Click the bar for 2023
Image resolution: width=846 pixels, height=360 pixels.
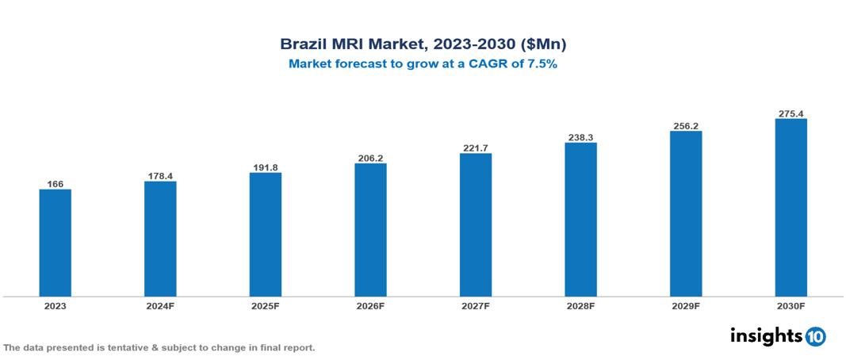55,243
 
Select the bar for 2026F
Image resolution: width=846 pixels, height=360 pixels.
370,230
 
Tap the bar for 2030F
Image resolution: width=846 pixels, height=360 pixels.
790,208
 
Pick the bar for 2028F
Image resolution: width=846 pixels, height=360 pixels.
580,220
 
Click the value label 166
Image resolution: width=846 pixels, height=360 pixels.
55,184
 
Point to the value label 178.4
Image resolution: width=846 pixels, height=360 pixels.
160,176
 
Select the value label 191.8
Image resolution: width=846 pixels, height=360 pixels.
265,167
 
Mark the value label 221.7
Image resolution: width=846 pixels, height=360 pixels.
475,147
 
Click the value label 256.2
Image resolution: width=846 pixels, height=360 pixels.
685,125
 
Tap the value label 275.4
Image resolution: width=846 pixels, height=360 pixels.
790,113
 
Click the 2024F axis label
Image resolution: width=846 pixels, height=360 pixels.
160,306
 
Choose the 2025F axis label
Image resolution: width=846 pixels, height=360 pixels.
265,306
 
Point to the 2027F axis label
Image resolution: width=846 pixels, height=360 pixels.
475,306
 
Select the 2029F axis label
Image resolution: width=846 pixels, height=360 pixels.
685,306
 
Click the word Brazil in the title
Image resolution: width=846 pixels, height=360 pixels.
302,44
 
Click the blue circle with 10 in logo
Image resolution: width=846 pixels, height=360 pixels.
815,336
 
